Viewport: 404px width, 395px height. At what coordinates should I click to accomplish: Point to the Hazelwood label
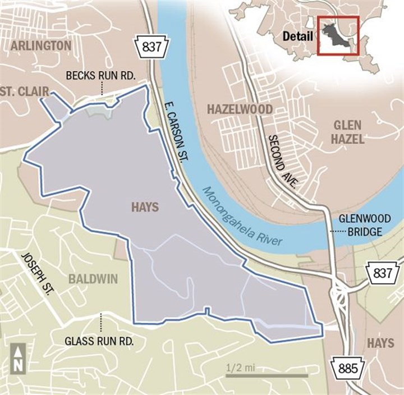coord(240,109)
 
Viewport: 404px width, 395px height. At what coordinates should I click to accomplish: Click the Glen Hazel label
coord(347,131)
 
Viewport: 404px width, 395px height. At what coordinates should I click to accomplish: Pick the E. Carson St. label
coord(176,133)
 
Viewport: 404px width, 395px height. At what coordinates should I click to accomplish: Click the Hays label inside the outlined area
coord(144,207)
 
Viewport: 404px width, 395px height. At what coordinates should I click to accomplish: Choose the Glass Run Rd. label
coord(101,341)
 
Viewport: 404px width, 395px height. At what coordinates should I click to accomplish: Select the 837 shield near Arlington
coord(148,47)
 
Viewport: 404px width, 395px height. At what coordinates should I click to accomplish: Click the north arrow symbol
coord(17,357)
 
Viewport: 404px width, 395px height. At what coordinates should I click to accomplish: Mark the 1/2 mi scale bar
coord(266,375)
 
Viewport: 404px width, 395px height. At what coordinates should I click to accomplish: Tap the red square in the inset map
coord(338,36)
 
